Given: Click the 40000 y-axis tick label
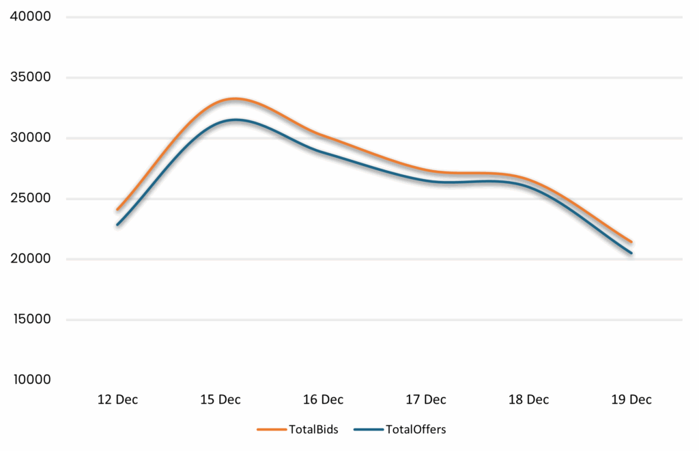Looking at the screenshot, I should tap(30, 16).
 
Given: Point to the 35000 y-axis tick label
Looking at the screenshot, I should tap(30, 77).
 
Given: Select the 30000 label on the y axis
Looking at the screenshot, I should tap(30, 138).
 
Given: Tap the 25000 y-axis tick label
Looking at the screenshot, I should tap(30, 199).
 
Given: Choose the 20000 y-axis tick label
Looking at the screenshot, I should tap(30, 259).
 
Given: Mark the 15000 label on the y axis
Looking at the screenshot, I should tap(30, 320).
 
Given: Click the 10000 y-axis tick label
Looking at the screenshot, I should tap(30, 380).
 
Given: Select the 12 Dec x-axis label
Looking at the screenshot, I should tap(117, 400).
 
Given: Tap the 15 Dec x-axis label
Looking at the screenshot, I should tap(220, 400).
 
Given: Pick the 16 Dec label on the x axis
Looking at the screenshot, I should tap(323, 400).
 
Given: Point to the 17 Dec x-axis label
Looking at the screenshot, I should tap(426, 400).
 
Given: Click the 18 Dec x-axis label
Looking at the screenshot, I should tap(529, 400).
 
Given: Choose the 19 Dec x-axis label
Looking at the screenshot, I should tap(631, 400).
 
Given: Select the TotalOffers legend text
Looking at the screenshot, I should tap(416, 430).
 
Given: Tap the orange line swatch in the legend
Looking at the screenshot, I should tap(271, 430).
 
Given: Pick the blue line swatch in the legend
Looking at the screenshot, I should tap(368, 430).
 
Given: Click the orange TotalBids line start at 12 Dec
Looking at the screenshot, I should tap(117, 209).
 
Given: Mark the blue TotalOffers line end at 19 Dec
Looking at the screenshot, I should tap(631, 254).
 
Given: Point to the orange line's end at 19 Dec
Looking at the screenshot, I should tap(631, 242).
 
